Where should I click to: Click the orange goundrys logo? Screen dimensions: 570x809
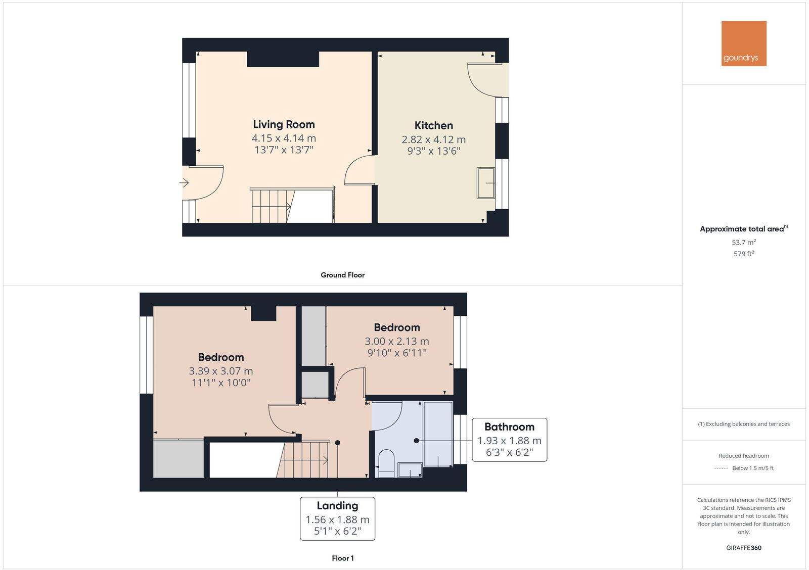pos(743,43)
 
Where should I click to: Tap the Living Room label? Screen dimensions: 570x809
pos(284,124)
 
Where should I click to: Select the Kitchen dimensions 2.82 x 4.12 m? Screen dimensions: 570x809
pos(433,139)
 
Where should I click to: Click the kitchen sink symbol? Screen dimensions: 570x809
pos(486,183)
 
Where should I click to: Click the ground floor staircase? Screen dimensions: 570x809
pos(272,206)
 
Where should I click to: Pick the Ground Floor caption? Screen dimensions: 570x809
pos(342,275)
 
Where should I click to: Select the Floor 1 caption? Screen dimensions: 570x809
pos(342,558)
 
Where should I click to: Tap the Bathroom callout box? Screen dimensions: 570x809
pos(509,439)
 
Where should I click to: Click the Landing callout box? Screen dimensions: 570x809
pos(337,518)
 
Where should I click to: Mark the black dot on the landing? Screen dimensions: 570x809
pos(338,443)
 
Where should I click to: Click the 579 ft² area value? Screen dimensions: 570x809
pos(743,254)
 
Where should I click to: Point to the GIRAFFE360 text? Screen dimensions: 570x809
pos(743,548)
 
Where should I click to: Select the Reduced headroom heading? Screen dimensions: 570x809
pos(743,456)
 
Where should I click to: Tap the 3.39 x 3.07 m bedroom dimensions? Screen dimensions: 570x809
pos(221,371)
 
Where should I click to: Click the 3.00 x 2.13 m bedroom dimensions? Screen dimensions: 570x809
pos(396,341)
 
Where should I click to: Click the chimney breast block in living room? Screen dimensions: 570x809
pos(283,59)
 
